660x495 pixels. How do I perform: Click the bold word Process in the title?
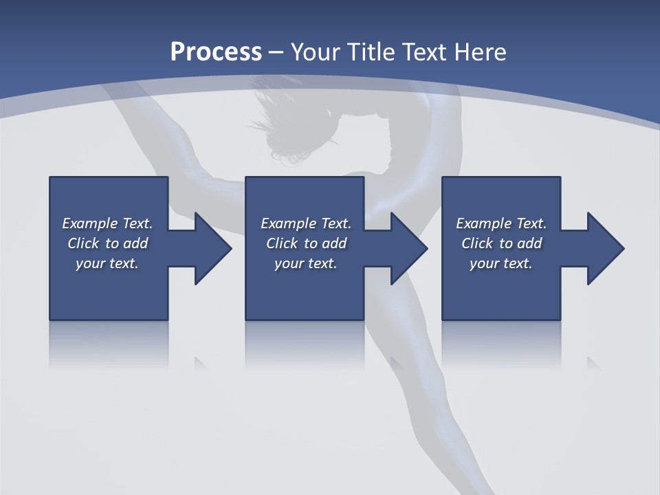point(216,52)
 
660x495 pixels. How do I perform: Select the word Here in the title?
point(480,52)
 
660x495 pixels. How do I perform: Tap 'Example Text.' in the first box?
point(107,223)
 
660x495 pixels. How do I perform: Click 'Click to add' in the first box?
point(107,243)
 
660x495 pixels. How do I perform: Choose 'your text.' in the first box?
point(107,263)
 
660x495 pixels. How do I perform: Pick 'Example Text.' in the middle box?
point(306,223)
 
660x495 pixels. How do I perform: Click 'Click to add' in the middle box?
point(306,243)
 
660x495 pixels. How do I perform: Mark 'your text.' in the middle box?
point(306,263)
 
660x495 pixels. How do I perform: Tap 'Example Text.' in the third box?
point(501,223)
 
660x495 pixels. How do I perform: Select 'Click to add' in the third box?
point(501,243)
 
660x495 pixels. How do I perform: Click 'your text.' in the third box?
point(501,263)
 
